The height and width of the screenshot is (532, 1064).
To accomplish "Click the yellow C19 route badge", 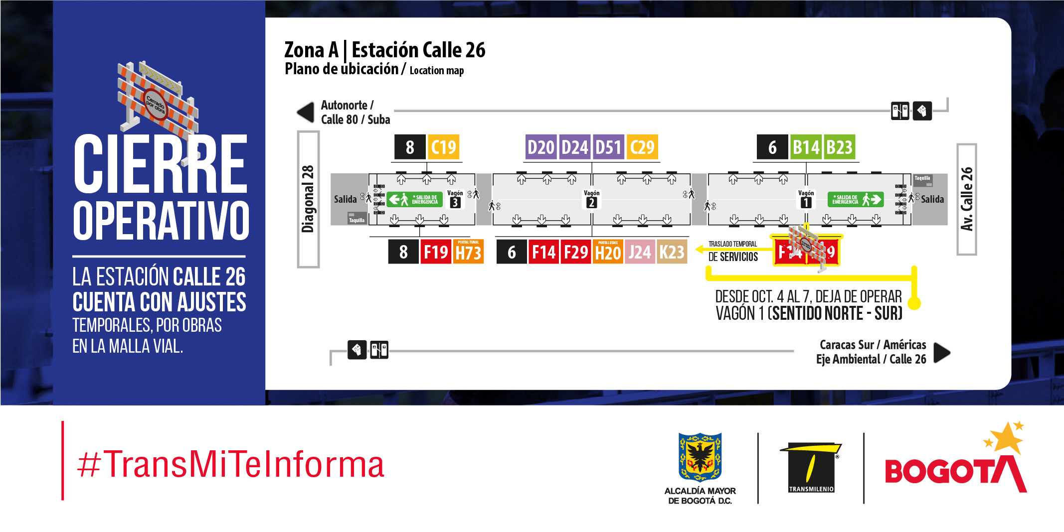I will coord(443,147).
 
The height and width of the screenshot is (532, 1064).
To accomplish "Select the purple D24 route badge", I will coord(575,147).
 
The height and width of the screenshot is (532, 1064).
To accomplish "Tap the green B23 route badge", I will coord(840,147).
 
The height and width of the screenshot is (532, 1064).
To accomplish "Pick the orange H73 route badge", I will coord(468,252).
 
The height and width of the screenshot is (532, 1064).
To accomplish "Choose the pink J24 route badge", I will coord(639,252).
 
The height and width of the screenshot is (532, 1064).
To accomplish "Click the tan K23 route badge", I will coord(672,252).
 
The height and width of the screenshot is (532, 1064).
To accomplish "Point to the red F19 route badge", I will coord(436,252).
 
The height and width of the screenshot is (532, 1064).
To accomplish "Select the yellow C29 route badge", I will coord(642,147).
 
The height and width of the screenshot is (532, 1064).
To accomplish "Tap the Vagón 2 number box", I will coord(591,203).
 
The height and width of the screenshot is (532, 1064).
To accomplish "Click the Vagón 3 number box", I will coord(455,203).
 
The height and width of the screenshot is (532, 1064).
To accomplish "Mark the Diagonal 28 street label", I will coord(308,199).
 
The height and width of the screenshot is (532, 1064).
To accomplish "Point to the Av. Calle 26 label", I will coord(967,199).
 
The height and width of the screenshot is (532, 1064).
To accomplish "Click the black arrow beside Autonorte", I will coord(306,112).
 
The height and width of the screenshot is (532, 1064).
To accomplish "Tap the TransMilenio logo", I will coord(811,467).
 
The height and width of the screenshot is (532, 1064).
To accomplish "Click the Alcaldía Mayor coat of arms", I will coord(700,456).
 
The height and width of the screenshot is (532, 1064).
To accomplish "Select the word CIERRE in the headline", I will coord(161,164).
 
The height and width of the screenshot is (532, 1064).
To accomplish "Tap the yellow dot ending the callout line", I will coord(914,303).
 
